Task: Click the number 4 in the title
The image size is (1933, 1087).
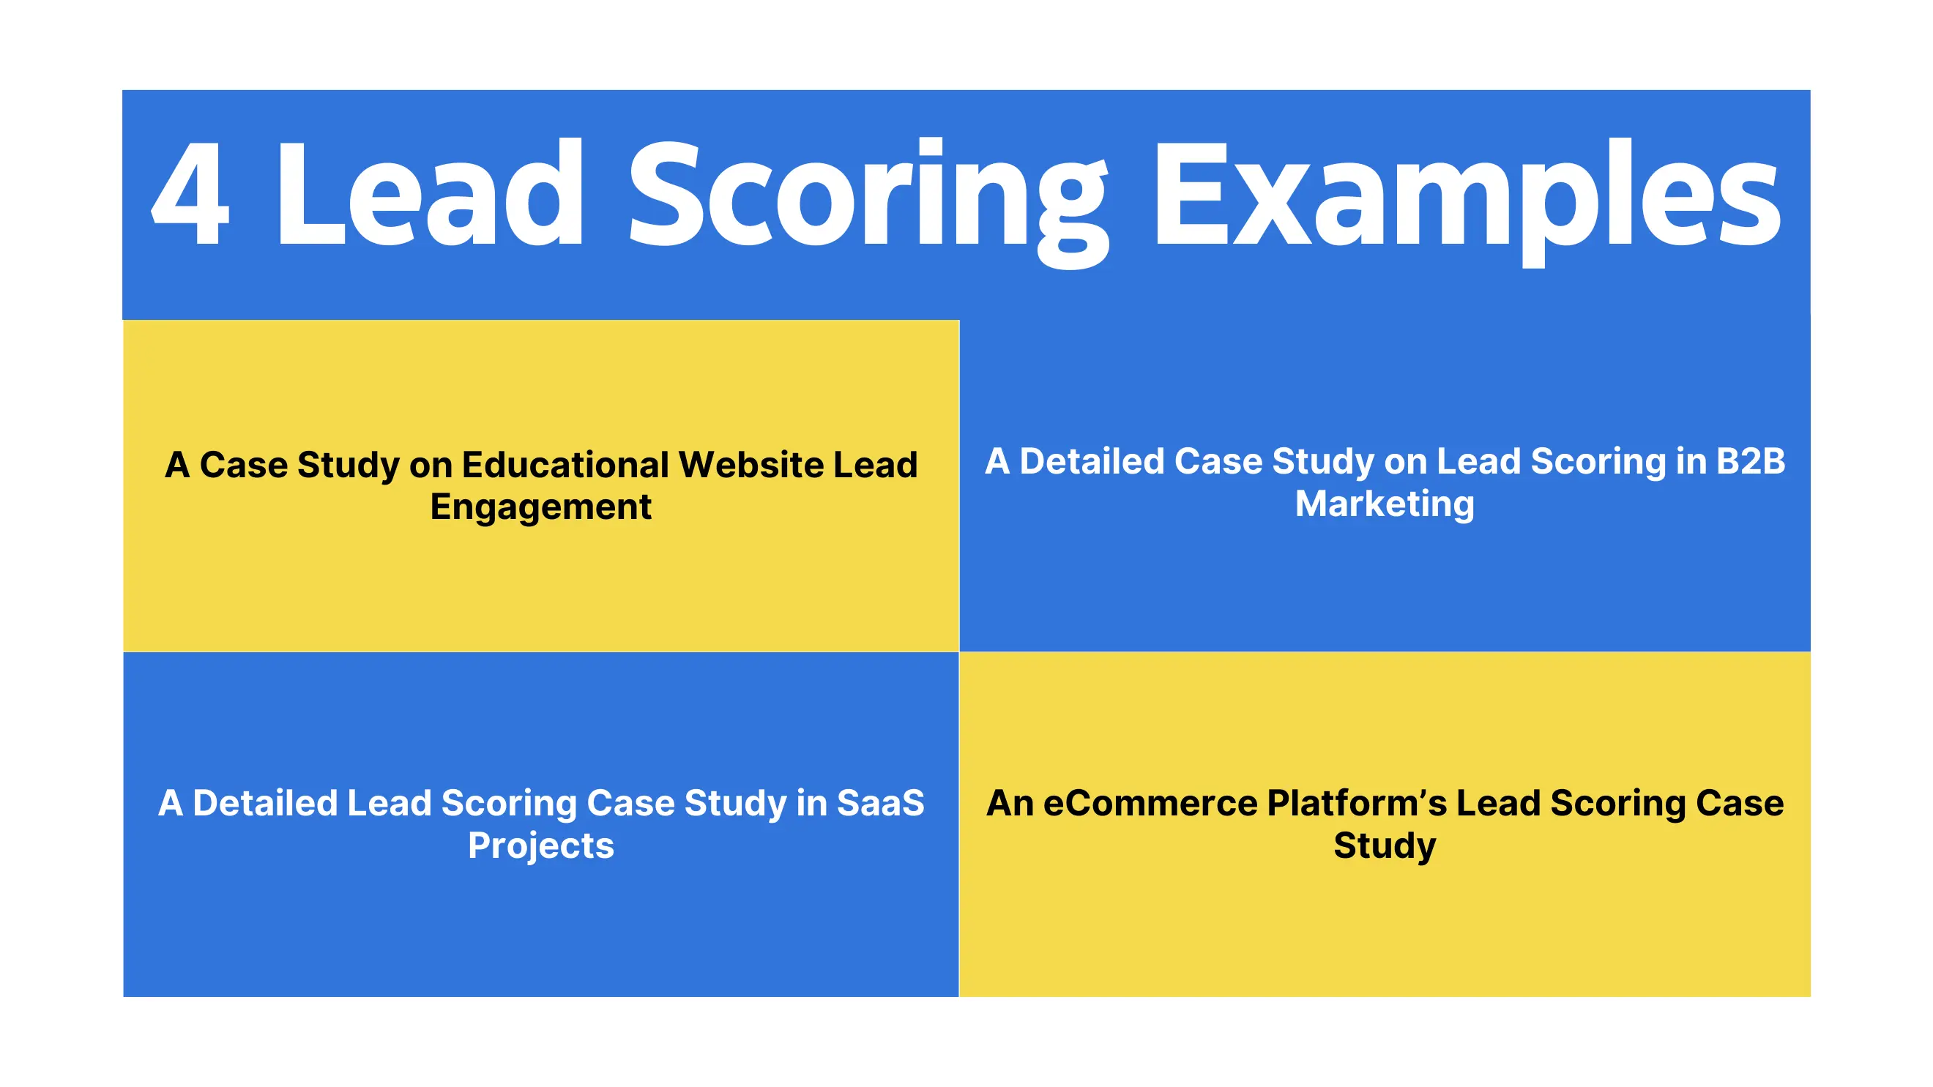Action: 190,193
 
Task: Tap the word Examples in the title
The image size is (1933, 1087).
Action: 1467,197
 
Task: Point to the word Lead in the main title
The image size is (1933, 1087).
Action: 429,193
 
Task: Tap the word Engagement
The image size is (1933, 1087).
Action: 540,507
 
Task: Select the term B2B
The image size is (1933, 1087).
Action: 1750,460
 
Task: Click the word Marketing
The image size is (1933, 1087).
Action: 1385,504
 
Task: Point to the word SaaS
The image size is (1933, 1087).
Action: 880,803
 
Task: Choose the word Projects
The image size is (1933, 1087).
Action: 540,845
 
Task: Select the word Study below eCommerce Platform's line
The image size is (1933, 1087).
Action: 1385,845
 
